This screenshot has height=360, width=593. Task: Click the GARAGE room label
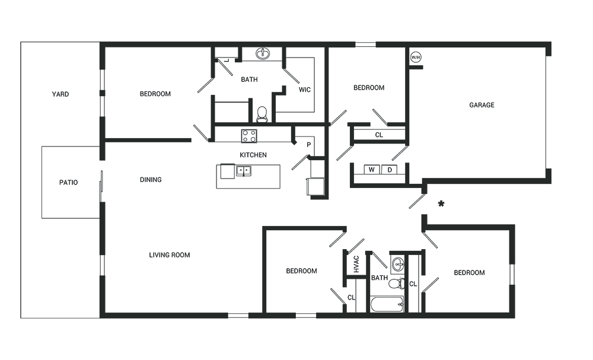click(x=482, y=105)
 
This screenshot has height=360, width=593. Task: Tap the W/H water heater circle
click(x=416, y=58)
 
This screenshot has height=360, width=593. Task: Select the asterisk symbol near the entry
click(x=441, y=204)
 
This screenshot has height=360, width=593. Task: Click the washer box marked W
click(x=372, y=170)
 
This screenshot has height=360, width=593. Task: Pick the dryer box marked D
click(x=389, y=170)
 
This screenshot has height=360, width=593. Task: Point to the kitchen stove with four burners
click(x=249, y=136)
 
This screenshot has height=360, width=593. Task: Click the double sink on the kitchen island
click(x=244, y=171)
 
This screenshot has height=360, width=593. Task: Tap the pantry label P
click(x=308, y=145)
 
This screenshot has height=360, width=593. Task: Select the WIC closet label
click(x=304, y=90)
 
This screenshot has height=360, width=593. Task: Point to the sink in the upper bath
click(x=263, y=54)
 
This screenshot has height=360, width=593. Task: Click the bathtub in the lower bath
click(x=387, y=304)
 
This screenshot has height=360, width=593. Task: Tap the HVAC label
click(x=356, y=265)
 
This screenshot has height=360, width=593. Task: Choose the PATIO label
click(x=68, y=183)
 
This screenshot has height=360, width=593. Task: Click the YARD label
click(x=60, y=94)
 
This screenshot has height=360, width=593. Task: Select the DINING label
click(x=151, y=180)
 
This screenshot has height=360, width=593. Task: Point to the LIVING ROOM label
click(x=170, y=255)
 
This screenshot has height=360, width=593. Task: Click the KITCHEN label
click(x=253, y=155)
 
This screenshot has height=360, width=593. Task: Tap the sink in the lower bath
click(x=398, y=264)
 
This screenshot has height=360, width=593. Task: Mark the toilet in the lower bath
click(x=397, y=283)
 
